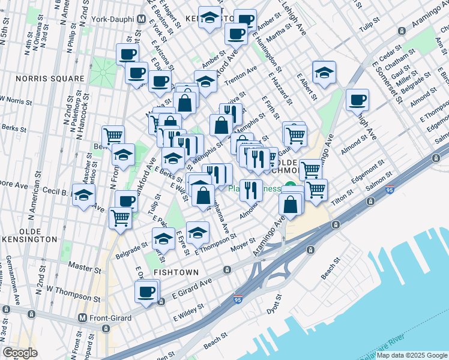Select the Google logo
(x=20, y=352)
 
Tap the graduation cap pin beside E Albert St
(x=324, y=73)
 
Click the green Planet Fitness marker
(x=291, y=187)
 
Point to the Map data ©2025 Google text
(x=411, y=355)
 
